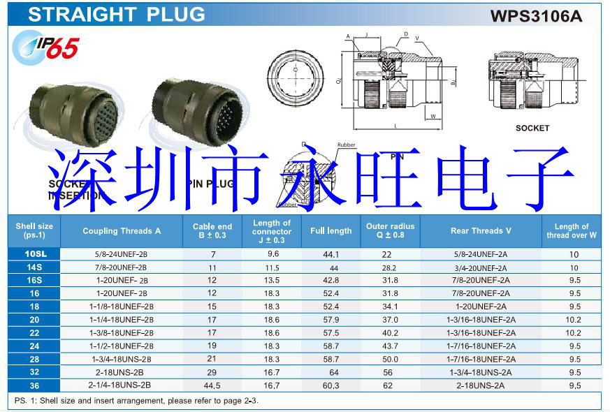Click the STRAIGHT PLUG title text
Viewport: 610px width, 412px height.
click(x=117, y=14)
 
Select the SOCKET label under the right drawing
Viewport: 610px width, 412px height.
click(x=532, y=128)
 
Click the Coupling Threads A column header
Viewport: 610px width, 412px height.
click(x=122, y=230)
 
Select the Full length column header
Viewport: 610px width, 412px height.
click(x=331, y=230)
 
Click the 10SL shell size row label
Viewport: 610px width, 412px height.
click(x=34, y=253)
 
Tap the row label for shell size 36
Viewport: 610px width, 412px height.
click(x=34, y=385)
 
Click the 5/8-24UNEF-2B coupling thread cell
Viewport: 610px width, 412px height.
click(x=122, y=253)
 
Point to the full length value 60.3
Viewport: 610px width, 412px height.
click(x=331, y=385)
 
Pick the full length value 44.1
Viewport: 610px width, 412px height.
click(x=331, y=254)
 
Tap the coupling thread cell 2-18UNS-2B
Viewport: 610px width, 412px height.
click(x=122, y=372)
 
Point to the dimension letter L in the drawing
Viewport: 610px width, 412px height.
click(x=395, y=126)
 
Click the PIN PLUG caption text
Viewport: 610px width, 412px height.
click(x=210, y=184)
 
